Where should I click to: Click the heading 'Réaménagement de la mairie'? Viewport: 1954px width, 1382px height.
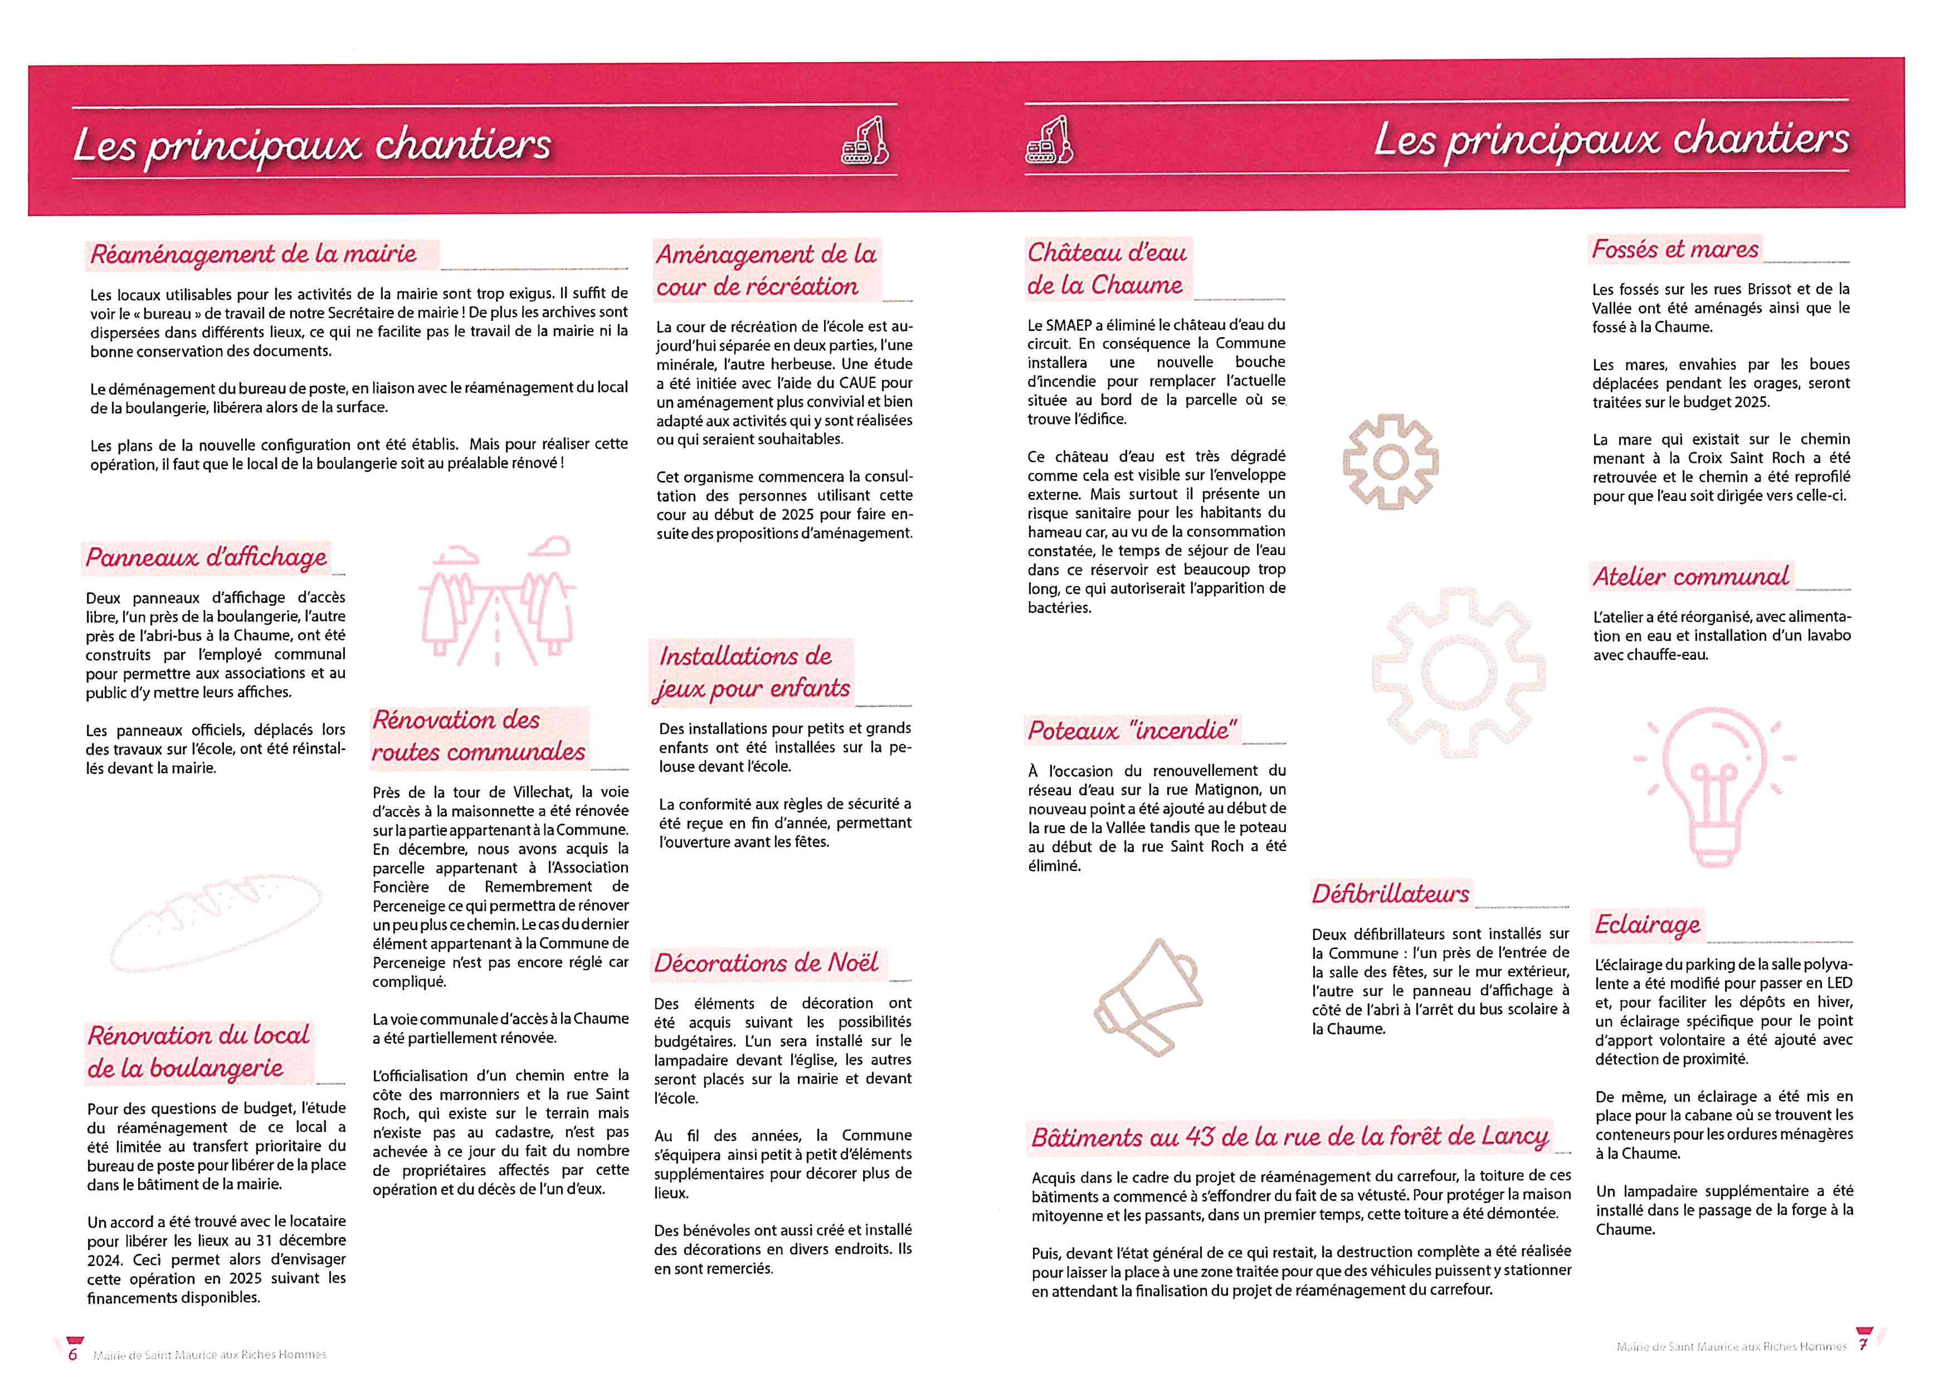(254, 254)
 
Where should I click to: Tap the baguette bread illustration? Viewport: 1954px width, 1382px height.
(216, 923)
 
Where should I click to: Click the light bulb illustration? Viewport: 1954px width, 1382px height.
(1713, 787)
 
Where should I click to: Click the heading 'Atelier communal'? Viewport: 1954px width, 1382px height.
(1690, 577)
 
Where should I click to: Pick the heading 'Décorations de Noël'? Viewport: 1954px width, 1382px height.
(766, 963)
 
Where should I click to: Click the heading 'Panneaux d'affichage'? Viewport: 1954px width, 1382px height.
(206, 557)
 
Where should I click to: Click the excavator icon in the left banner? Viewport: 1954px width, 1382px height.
(865, 142)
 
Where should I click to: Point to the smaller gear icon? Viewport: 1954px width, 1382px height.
(1391, 462)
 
